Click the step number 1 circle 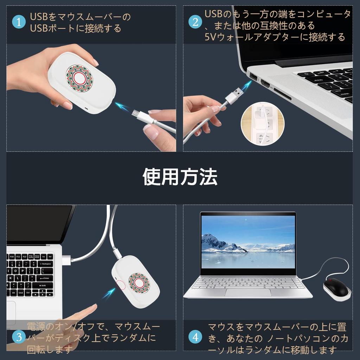tap(19, 22)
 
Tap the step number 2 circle tap(195, 22)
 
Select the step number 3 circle tap(19, 337)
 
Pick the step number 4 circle tap(195, 337)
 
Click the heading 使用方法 tap(180, 177)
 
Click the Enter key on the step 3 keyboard tap(46, 278)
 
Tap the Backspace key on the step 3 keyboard tap(45, 264)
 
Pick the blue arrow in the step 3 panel tap(109, 293)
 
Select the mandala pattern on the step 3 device tap(139, 283)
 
